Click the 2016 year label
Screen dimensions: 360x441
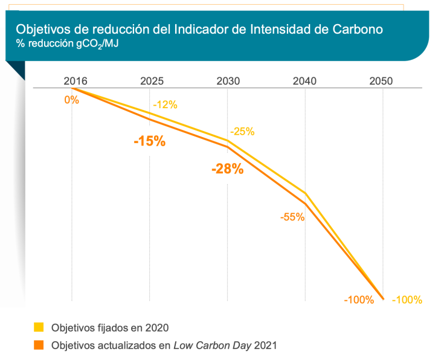(x=76, y=81)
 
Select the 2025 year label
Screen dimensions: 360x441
(x=152, y=81)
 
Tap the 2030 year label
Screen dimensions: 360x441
(x=228, y=81)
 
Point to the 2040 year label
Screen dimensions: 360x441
(x=304, y=81)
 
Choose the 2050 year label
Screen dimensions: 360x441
(x=381, y=81)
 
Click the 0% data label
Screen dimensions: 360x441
(x=72, y=100)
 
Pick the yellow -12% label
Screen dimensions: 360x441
(x=165, y=104)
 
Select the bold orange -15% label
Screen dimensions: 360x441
(x=149, y=141)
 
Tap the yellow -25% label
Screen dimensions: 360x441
(x=242, y=131)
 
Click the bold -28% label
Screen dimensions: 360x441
(x=227, y=169)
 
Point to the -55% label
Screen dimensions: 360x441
(x=292, y=217)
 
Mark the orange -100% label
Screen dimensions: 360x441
(x=359, y=300)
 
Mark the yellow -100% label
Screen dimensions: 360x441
(x=407, y=300)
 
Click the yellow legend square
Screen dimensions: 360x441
(x=39, y=327)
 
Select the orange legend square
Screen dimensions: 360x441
(x=39, y=345)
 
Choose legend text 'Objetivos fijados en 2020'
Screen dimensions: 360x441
(x=109, y=327)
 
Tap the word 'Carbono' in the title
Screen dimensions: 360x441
(x=362, y=29)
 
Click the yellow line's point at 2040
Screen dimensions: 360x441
(x=305, y=193)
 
